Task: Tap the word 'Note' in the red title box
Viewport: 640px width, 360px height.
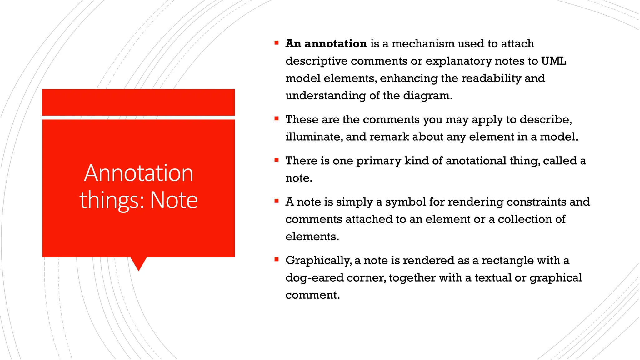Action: [x=174, y=200]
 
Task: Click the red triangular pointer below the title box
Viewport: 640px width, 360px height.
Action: [x=138, y=263]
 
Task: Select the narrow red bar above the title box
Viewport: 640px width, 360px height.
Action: [x=138, y=102]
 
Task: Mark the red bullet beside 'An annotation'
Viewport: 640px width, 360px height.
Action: [x=276, y=43]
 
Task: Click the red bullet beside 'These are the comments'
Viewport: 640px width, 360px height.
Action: [x=276, y=119]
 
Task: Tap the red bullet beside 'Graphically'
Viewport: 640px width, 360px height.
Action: [x=276, y=259]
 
